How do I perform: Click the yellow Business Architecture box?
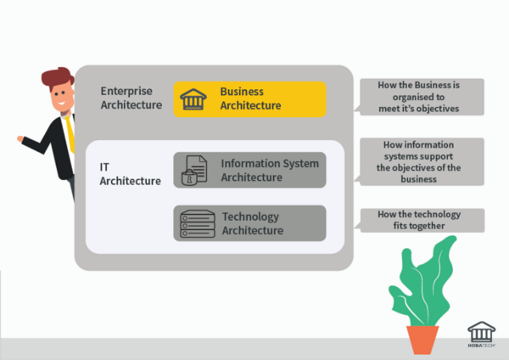tap(249, 98)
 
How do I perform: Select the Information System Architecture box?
tap(249, 170)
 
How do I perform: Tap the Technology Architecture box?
tap(249, 222)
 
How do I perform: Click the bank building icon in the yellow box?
tap(192, 98)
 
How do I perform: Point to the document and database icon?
tap(192, 170)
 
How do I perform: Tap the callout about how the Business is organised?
tap(422, 97)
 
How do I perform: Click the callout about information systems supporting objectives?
tap(422, 161)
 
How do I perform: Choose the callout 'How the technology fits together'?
tap(422, 220)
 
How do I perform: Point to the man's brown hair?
tap(58, 80)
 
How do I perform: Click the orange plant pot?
tap(422, 339)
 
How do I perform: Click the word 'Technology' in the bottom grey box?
tap(249, 217)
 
